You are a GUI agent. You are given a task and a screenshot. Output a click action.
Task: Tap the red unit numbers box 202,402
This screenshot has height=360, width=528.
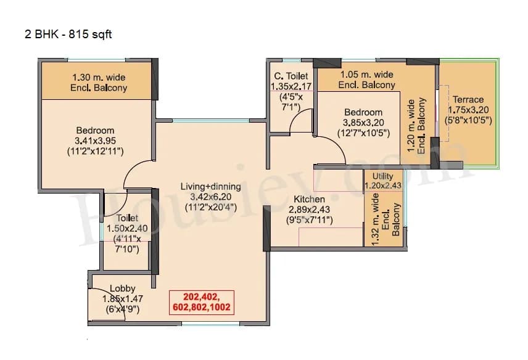tap(203, 300)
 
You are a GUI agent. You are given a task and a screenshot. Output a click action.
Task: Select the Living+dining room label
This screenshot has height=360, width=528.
tap(207, 186)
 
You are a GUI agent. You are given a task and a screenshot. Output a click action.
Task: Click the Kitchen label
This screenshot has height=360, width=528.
tap(309, 199)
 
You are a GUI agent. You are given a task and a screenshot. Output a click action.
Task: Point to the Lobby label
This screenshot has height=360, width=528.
tap(122, 288)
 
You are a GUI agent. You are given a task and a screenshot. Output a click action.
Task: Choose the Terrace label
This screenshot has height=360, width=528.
tap(468, 99)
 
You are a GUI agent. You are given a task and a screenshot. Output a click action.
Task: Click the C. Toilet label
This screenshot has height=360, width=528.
tap(291, 76)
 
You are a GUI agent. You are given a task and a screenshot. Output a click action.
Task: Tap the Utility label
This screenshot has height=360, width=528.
tap(382, 176)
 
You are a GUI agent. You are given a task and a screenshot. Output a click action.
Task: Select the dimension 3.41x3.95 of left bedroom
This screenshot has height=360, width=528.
tap(95, 141)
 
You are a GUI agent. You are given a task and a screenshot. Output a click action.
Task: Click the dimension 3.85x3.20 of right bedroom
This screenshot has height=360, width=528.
tap(363, 123)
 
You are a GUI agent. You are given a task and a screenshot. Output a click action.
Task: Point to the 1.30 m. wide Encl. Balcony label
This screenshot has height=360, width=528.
tap(99, 83)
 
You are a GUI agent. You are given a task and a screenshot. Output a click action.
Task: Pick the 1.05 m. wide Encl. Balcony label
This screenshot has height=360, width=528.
tap(366, 80)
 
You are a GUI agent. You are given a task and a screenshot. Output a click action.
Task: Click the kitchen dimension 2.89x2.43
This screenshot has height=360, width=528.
tap(309, 210)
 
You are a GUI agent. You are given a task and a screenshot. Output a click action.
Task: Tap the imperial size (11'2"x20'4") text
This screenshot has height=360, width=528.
tap(207, 208)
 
